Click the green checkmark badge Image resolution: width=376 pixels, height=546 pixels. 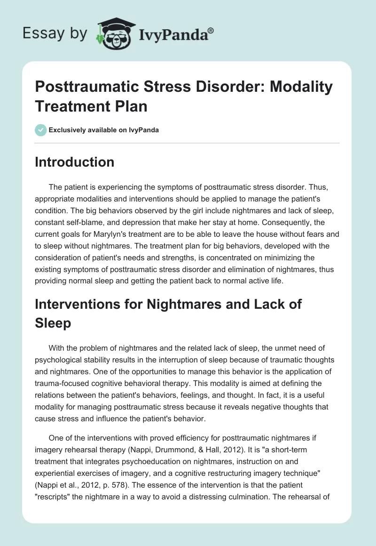pos(40,130)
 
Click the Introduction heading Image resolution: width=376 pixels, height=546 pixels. pos(74,162)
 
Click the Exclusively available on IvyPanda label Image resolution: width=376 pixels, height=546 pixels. pos(104,130)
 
